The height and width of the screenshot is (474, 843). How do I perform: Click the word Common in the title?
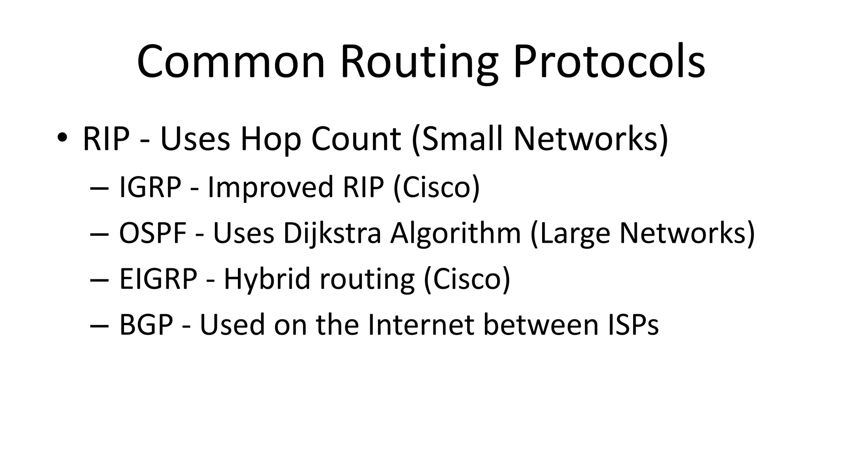(x=231, y=63)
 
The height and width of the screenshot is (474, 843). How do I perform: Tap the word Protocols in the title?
(x=609, y=63)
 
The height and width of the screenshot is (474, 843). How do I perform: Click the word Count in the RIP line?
(x=356, y=139)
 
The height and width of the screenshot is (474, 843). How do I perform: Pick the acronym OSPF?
(x=153, y=233)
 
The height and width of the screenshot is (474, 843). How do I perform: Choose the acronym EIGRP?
(x=158, y=279)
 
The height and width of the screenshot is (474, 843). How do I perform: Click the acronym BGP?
(x=146, y=325)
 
